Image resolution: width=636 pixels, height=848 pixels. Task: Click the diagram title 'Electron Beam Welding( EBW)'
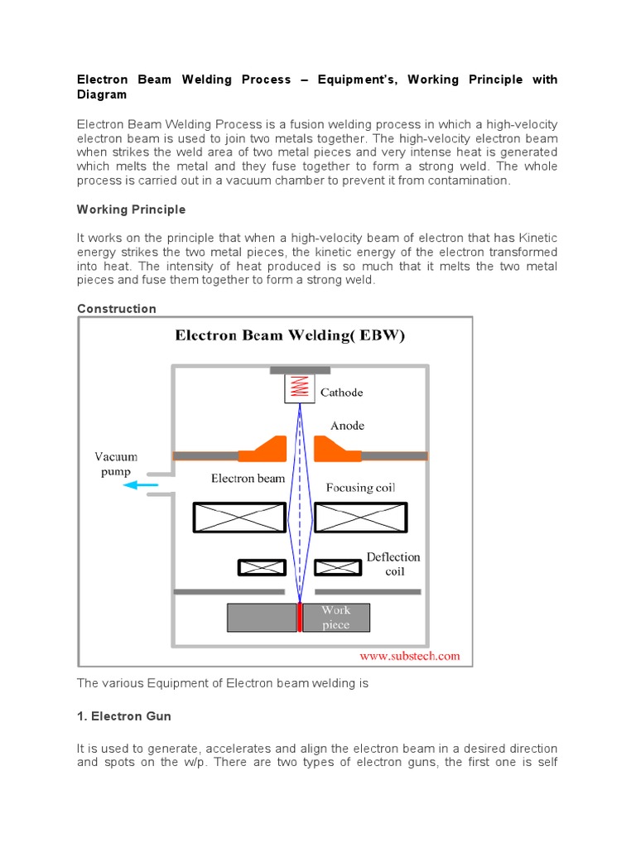tap(289, 336)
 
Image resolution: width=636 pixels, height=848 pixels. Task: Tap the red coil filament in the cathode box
tap(300, 387)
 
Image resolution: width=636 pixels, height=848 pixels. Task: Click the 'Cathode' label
tap(341, 393)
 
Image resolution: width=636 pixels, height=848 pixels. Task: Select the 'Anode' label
tap(347, 426)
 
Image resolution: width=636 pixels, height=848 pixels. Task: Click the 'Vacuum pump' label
tap(116, 464)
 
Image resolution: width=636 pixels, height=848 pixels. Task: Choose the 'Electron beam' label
tap(248, 478)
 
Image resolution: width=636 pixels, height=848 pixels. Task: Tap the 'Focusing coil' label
tap(360, 488)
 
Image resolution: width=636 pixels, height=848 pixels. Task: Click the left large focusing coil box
tap(238, 518)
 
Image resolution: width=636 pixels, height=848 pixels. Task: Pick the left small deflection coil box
tap(262, 567)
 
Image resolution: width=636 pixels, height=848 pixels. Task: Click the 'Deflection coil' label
tap(393, 564)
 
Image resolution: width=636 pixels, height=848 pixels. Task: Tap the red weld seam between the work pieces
tap(299, 618)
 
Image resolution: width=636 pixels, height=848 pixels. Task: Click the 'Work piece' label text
tap(336, 618)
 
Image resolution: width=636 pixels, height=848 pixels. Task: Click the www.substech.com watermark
tap(408, 656)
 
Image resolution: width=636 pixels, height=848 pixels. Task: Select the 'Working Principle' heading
tap(131, 210)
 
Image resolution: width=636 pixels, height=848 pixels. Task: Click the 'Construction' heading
tap(116, 309)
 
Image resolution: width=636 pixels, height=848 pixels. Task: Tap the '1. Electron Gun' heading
tap(124, 715)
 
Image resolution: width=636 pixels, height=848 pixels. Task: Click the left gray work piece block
tap(262, 618)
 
